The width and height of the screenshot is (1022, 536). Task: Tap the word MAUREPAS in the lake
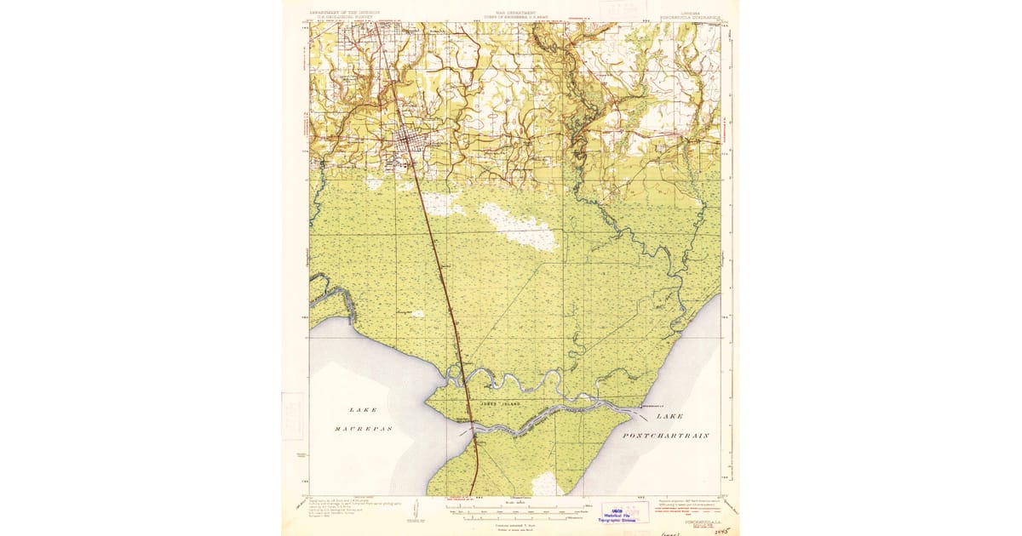point(351,428)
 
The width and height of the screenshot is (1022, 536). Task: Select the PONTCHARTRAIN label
point(667,435)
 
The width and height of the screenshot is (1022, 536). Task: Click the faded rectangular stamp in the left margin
point(292,415)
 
